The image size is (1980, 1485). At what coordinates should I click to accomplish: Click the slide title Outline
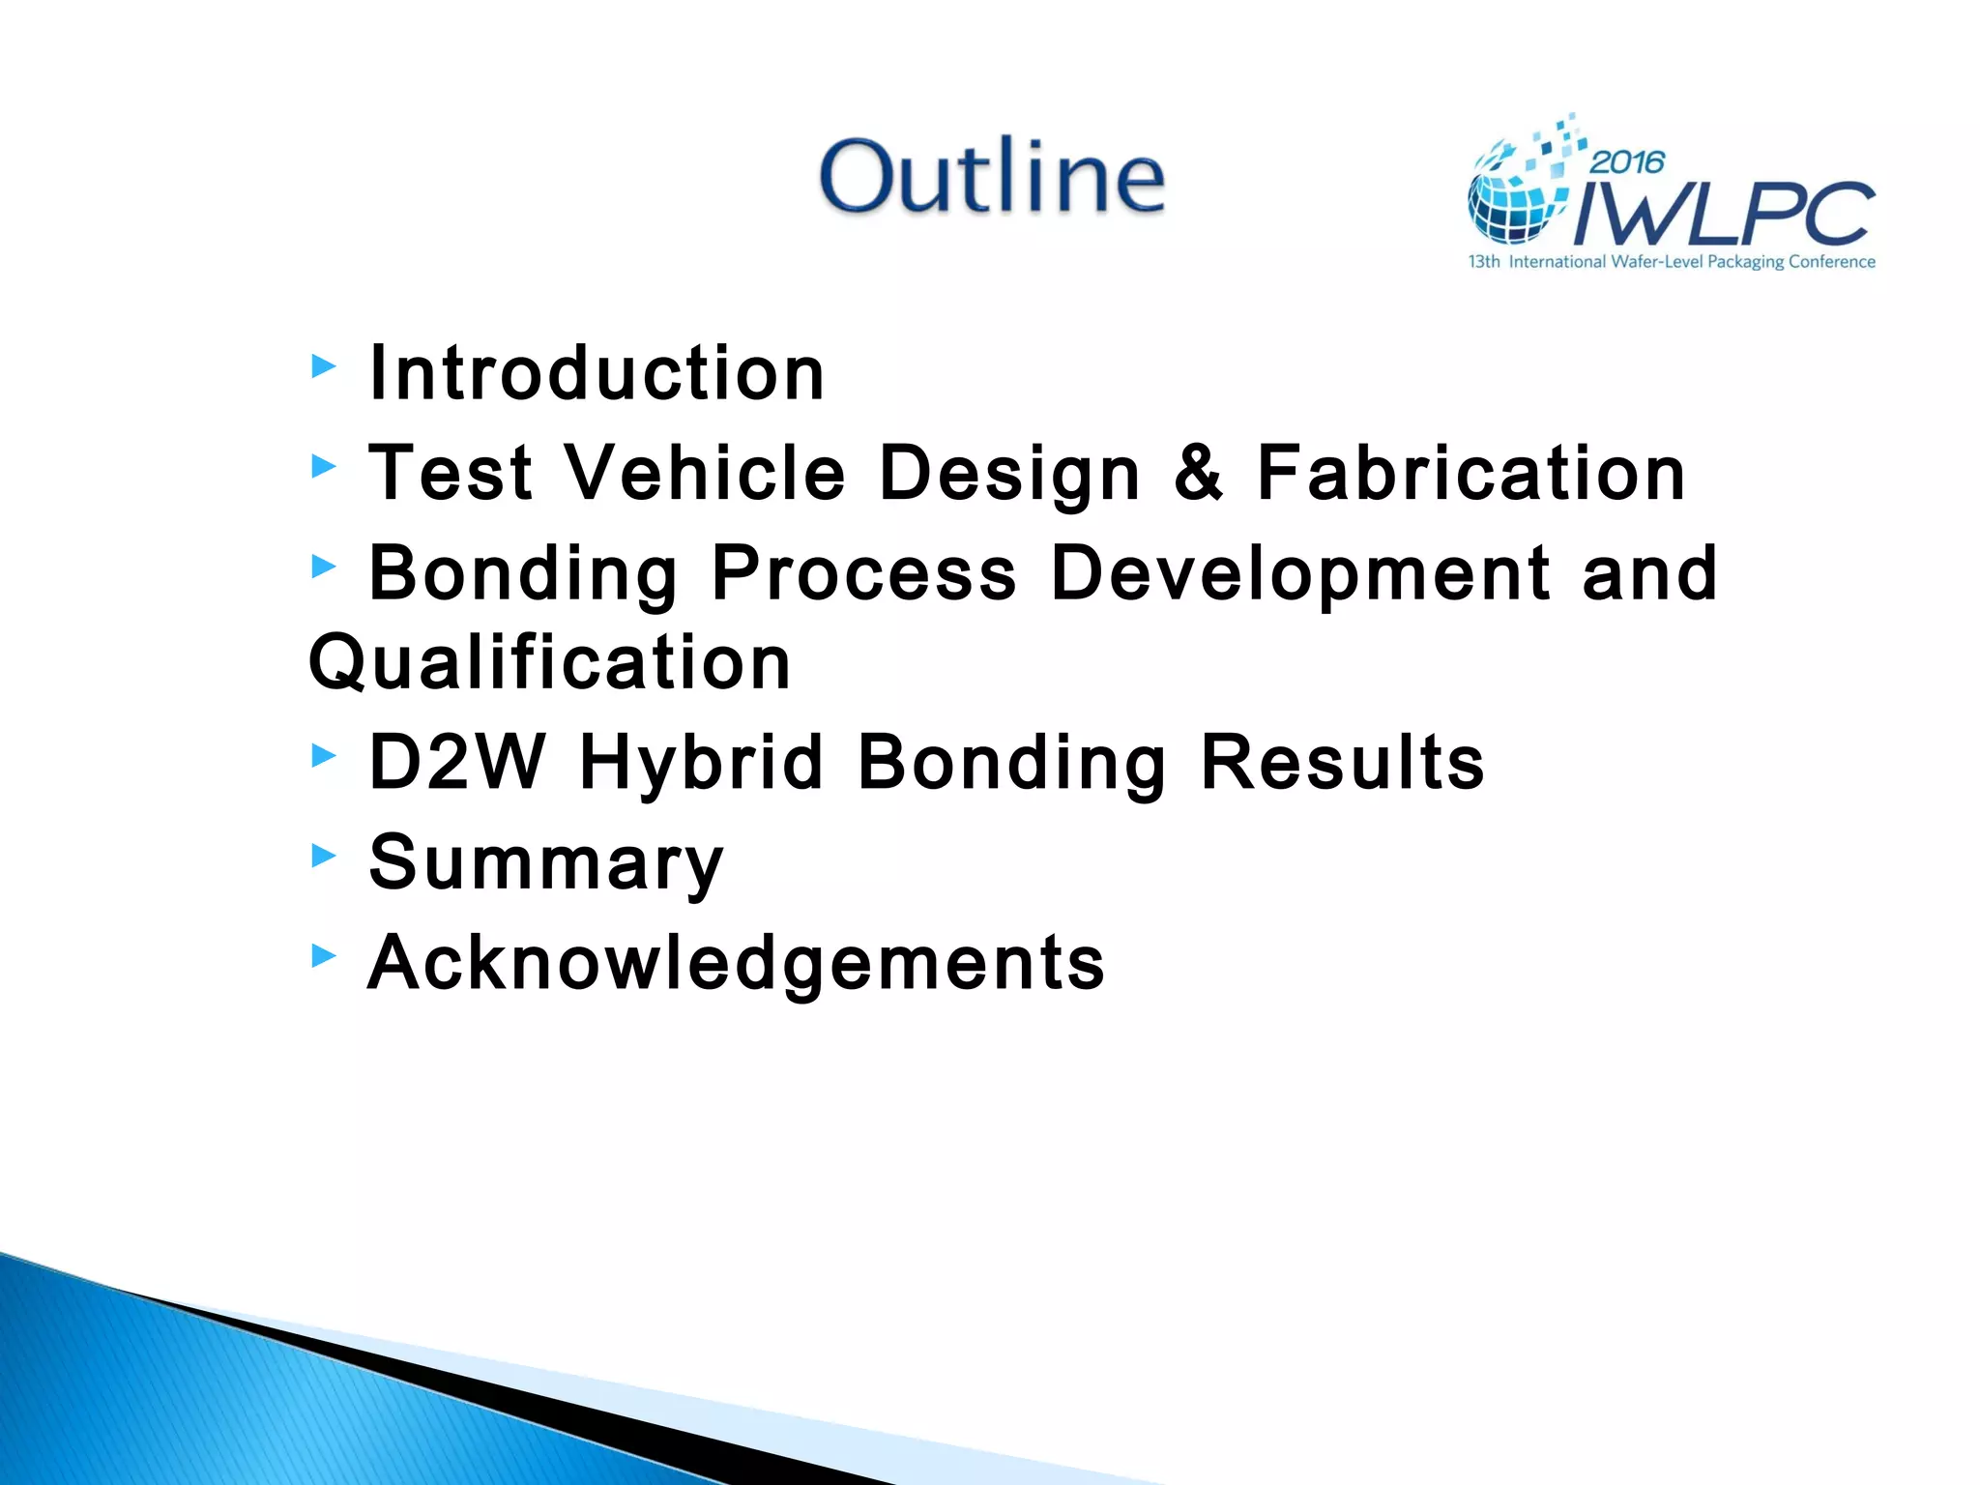pos(992,176)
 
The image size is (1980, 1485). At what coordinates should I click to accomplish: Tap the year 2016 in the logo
pos(1627,161)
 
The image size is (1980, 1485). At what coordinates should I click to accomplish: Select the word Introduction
pos(597,373)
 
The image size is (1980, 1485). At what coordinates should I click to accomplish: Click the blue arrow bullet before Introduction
pos(324,366)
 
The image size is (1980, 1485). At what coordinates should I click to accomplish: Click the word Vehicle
pos(705,473)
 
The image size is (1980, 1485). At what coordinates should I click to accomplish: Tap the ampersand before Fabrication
pos(1198,473)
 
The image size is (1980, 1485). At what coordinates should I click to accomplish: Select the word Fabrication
pos(1470,473)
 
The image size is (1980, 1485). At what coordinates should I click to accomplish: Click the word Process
pos(863,572)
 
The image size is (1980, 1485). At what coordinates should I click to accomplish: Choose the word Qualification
pos(550,662)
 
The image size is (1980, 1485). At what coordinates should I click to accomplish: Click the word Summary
pos(546,864)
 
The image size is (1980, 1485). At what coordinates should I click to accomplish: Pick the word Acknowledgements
pos(736,964)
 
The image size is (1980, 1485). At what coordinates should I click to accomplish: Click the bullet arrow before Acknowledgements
pos(324,955)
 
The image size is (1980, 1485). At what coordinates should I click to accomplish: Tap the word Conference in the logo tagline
pos(1831,262)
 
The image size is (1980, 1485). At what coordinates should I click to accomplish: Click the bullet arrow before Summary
pos(324,855)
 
